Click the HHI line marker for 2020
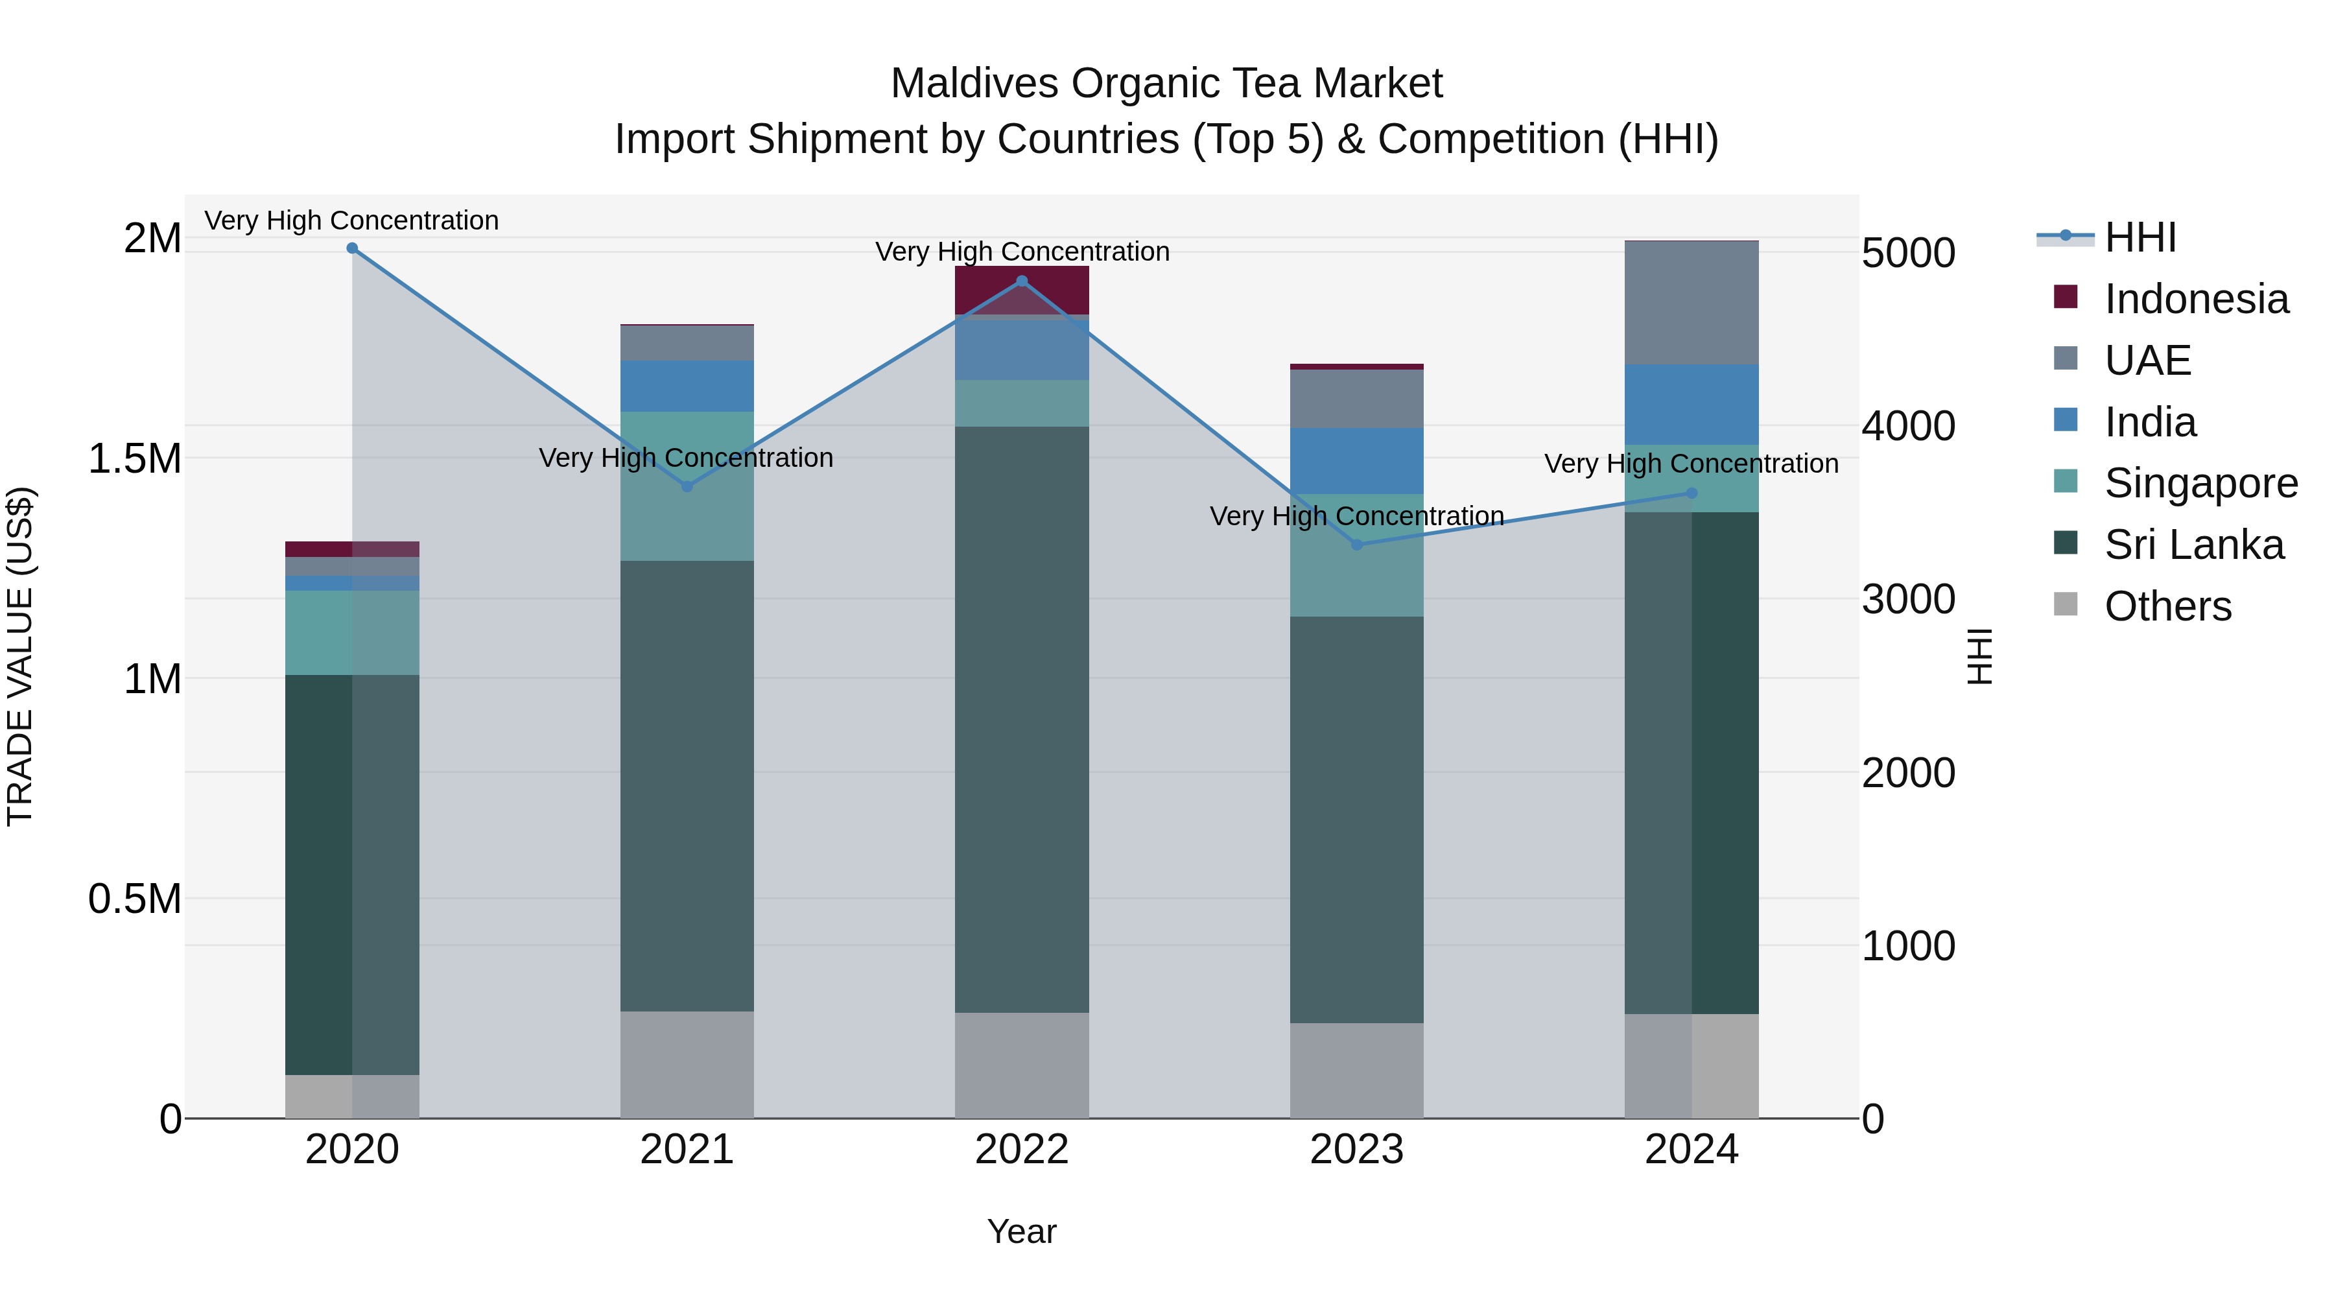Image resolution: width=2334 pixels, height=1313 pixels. click(353, 248)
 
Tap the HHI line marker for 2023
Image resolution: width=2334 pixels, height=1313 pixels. click(1356, 545)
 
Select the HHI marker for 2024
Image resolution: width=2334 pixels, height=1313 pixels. click(1692, 493)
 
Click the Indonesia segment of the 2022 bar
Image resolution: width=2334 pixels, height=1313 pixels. click(1022, 290)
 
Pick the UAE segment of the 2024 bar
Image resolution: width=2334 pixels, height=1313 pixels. click(1692, 303)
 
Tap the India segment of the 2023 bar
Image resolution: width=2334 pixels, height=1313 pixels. click(1356, 460)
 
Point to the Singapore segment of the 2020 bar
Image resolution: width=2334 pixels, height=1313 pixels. click(353, 632)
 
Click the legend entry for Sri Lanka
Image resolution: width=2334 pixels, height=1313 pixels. click(2193, 545)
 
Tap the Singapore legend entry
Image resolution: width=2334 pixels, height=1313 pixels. click(2200, 483)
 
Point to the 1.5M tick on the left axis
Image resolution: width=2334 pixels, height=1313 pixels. click(135, 458)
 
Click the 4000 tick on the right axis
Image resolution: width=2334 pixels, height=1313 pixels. click(1908, 426)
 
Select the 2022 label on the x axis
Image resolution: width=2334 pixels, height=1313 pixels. click(1022, 1150)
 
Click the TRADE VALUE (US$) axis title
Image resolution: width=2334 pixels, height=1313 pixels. click(20, 656)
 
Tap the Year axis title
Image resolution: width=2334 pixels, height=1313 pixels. click(1022, 1231)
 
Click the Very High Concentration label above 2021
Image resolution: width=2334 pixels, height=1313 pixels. click(686, 458)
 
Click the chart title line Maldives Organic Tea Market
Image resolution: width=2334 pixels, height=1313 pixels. click(1166, 84)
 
